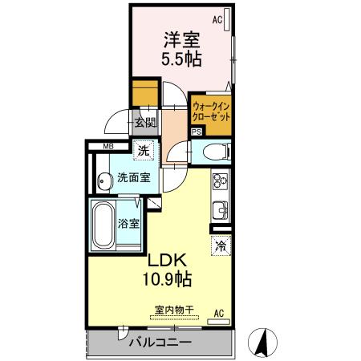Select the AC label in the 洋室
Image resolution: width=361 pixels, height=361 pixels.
217,18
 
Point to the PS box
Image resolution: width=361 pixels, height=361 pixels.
197,133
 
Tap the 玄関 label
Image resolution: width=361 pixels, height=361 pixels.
144,124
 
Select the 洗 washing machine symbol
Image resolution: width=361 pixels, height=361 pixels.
143,151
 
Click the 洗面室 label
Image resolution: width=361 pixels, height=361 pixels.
132,178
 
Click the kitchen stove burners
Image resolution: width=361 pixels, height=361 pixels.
219,182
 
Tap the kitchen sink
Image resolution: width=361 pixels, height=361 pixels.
219,212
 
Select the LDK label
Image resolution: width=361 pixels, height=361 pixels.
166,260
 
